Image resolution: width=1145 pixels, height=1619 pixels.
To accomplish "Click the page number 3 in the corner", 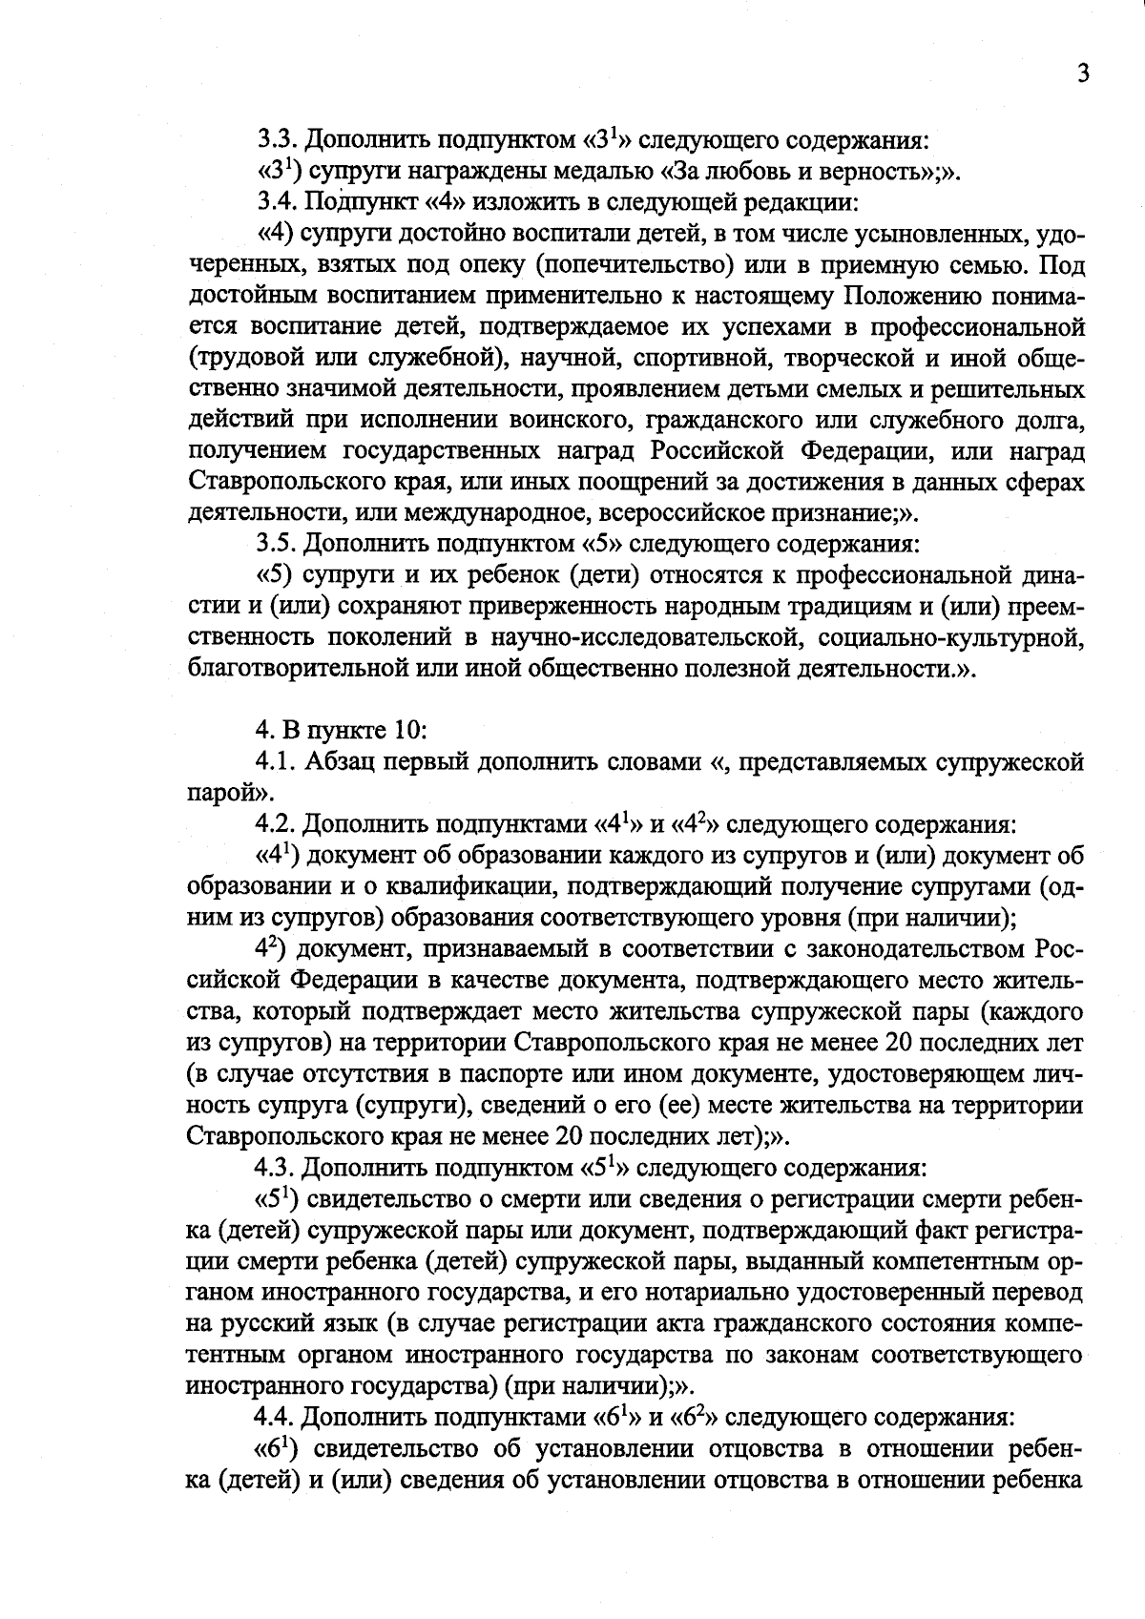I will coord(1082,74).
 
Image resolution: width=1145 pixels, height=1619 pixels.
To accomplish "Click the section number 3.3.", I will coord(277,140).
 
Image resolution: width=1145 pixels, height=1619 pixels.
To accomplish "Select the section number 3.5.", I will coord(277,544).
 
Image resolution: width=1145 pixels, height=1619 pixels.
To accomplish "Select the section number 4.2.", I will coord(276,823).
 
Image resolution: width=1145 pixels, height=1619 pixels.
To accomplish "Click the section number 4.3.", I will coord(276,1167).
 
